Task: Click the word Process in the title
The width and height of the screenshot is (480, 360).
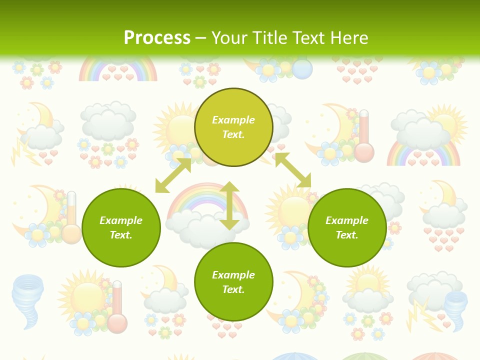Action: pyautogui.click(x=157, y=38)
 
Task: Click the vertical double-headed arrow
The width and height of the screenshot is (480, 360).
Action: pyautogui.click(x=229, y=206)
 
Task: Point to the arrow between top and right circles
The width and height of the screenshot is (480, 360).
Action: pyautogui.click(x=293, y=170)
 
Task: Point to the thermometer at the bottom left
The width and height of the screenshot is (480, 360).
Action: pyautogui.click(x=117, y=306)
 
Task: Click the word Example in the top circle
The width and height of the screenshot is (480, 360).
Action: pyautogui.click(x=233, y=120)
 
